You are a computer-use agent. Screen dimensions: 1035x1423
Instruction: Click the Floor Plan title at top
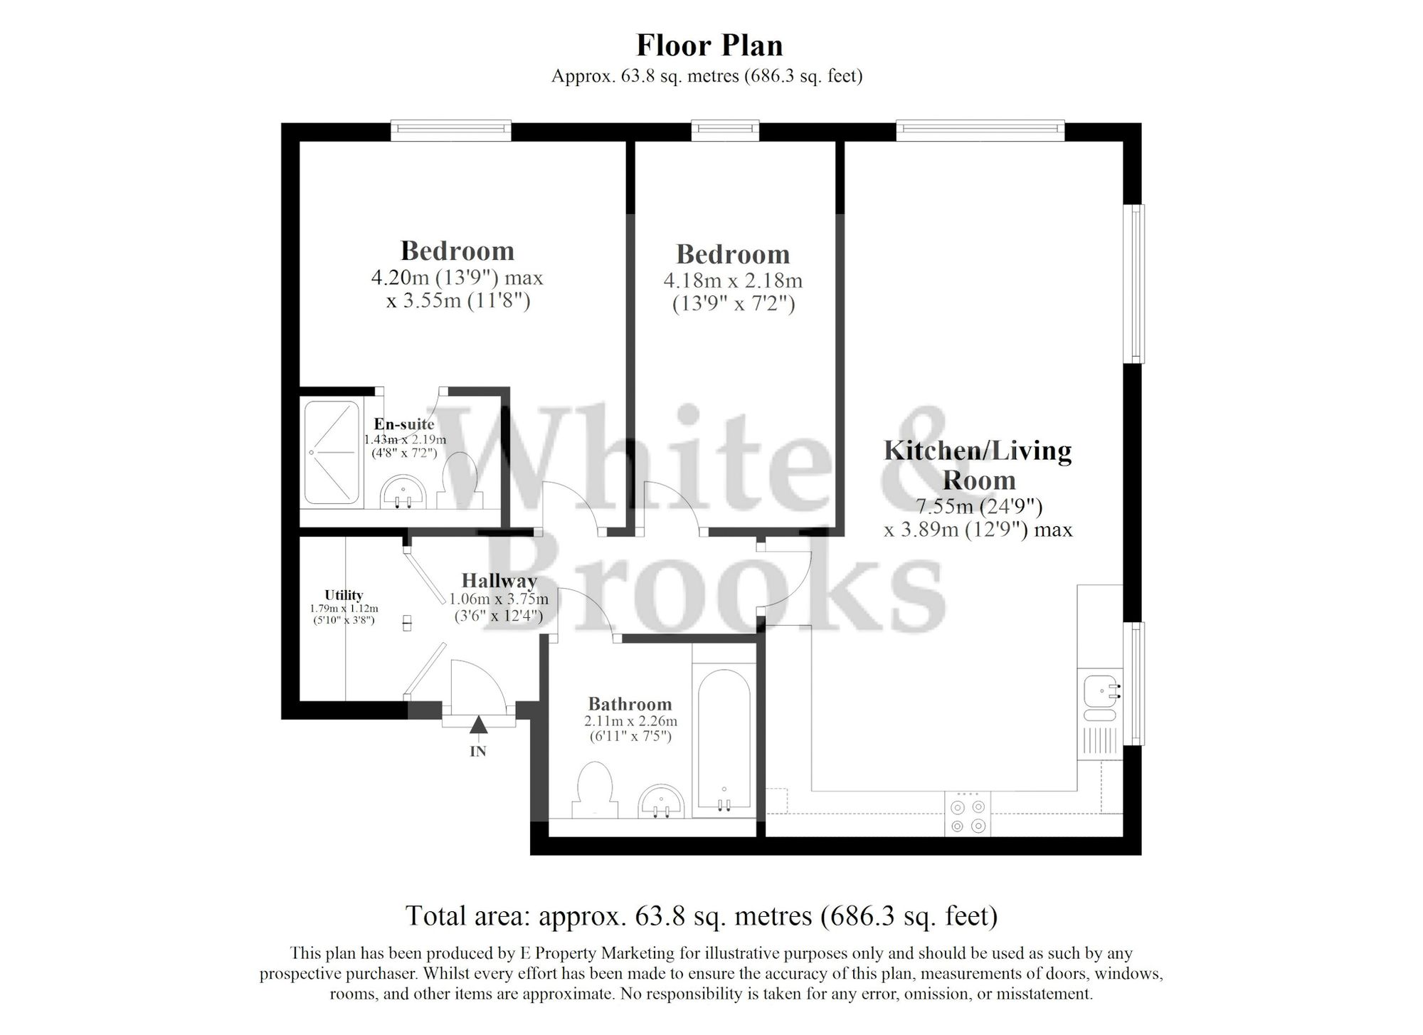click(709, 46)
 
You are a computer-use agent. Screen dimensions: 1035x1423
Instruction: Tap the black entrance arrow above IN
click(478, 725)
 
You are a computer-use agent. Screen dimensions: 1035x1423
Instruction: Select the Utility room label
click(344, 595)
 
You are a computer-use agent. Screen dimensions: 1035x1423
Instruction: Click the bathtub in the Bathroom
click(724, 740)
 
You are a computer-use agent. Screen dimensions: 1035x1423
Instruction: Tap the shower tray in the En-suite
click(332, 452)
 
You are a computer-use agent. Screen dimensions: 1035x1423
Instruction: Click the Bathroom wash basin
click(662, 802)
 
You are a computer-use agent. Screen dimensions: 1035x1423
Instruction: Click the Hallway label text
click(499, 581)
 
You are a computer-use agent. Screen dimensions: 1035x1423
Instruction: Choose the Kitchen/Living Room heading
click(978, 465)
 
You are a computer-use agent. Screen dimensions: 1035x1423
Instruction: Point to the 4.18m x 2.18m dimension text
click(733, 280)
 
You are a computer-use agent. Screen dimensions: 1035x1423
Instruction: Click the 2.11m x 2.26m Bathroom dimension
click(630, 721)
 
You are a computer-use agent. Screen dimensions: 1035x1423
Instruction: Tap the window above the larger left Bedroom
click(450, 129)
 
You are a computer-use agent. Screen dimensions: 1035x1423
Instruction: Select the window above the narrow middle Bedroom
click(725, 129)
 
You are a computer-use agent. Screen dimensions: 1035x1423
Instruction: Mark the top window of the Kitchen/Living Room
click(980, 129)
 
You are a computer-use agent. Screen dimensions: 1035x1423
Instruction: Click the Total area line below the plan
click(701, 915)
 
